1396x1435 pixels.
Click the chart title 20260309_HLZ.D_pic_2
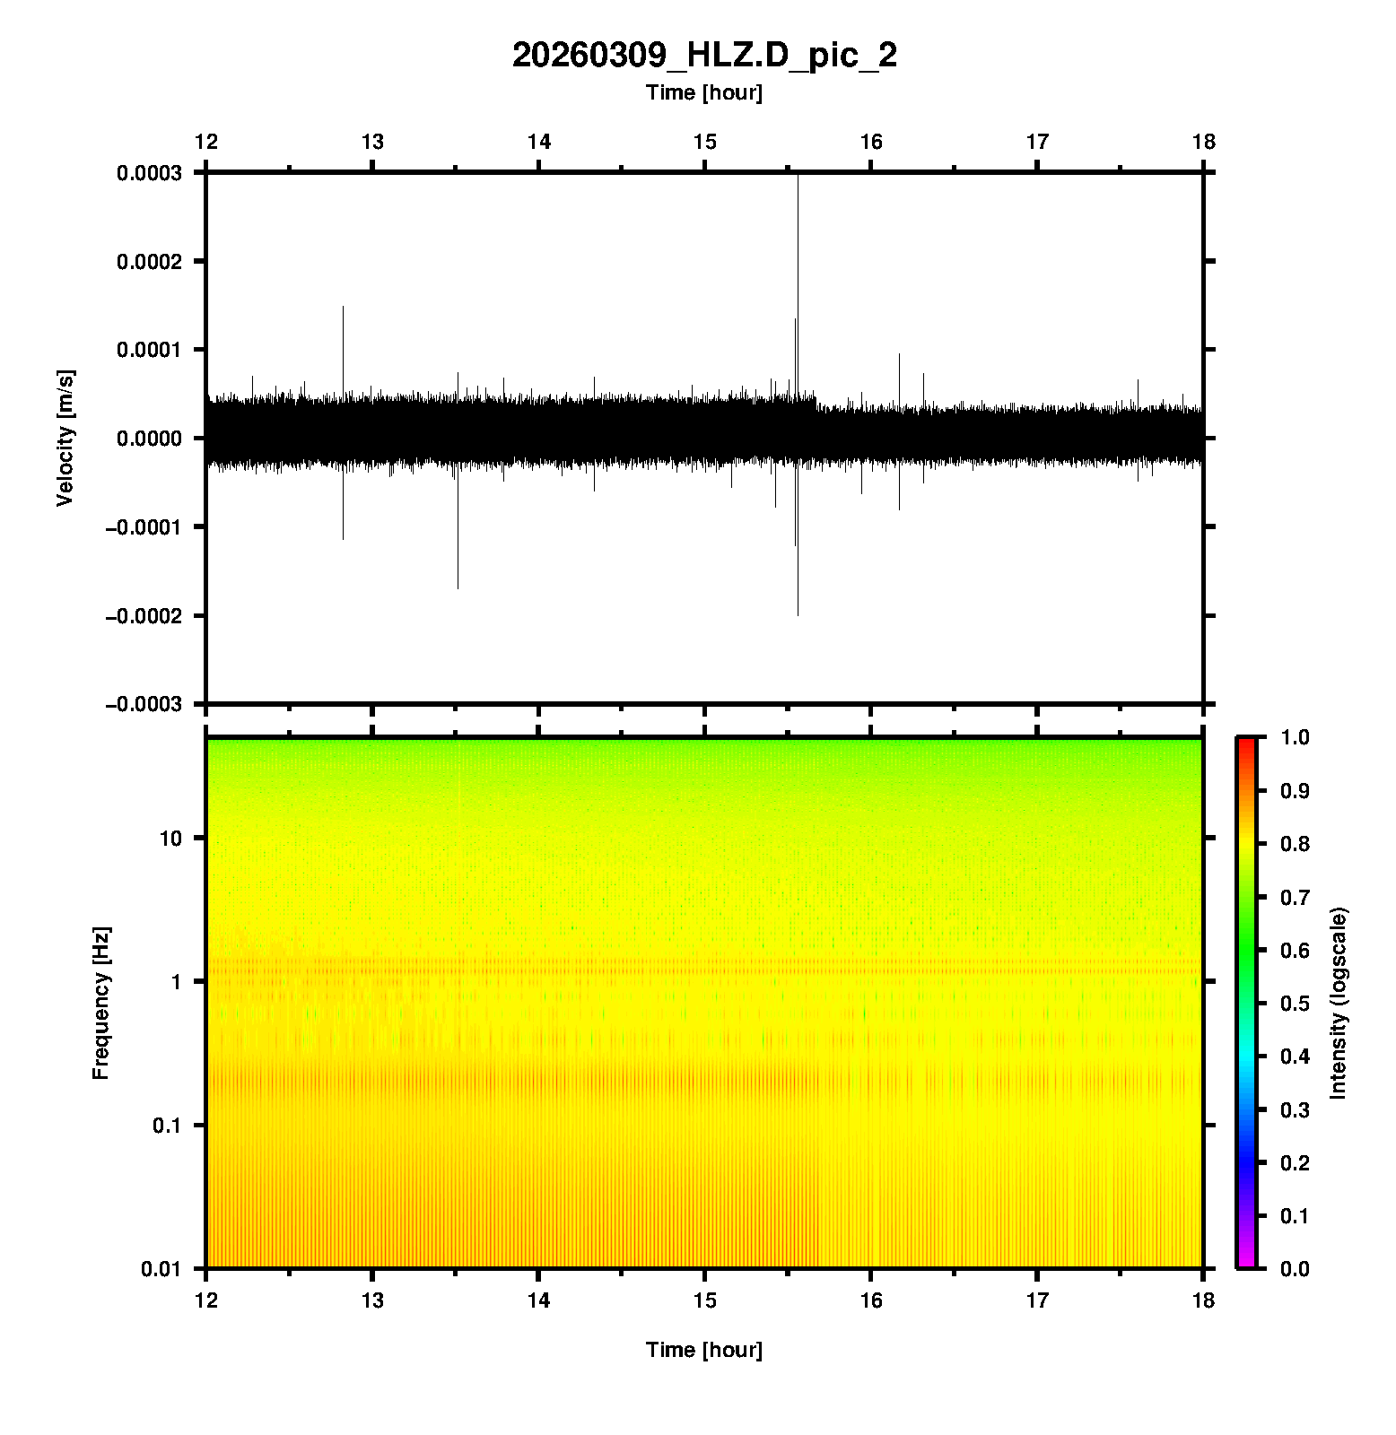pos(704,56)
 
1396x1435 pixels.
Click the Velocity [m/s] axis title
pos(65,438)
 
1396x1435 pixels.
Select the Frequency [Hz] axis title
pos(100,1003)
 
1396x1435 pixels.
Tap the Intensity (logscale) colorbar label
pos(1339,1003)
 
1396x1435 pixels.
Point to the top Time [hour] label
pos(704,92)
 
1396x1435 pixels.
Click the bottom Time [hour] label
pos(704,1350)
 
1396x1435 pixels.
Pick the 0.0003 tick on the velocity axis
pos(149,173)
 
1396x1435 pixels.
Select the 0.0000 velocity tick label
pos(149,439)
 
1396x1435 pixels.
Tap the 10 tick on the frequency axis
pos(170,839)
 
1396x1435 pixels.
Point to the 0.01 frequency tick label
pos(161,1268)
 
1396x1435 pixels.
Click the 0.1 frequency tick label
pos(167,1126)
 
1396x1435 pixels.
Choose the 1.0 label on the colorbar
pos(1295,737)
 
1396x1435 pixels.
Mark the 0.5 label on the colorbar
pos(1295,1003)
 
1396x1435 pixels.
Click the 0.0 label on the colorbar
pos(1295,1268)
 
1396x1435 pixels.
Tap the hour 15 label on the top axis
pos(705,142)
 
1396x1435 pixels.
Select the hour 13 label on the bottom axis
pos(372,1300)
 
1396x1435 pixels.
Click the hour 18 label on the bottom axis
pos(1203,1300)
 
